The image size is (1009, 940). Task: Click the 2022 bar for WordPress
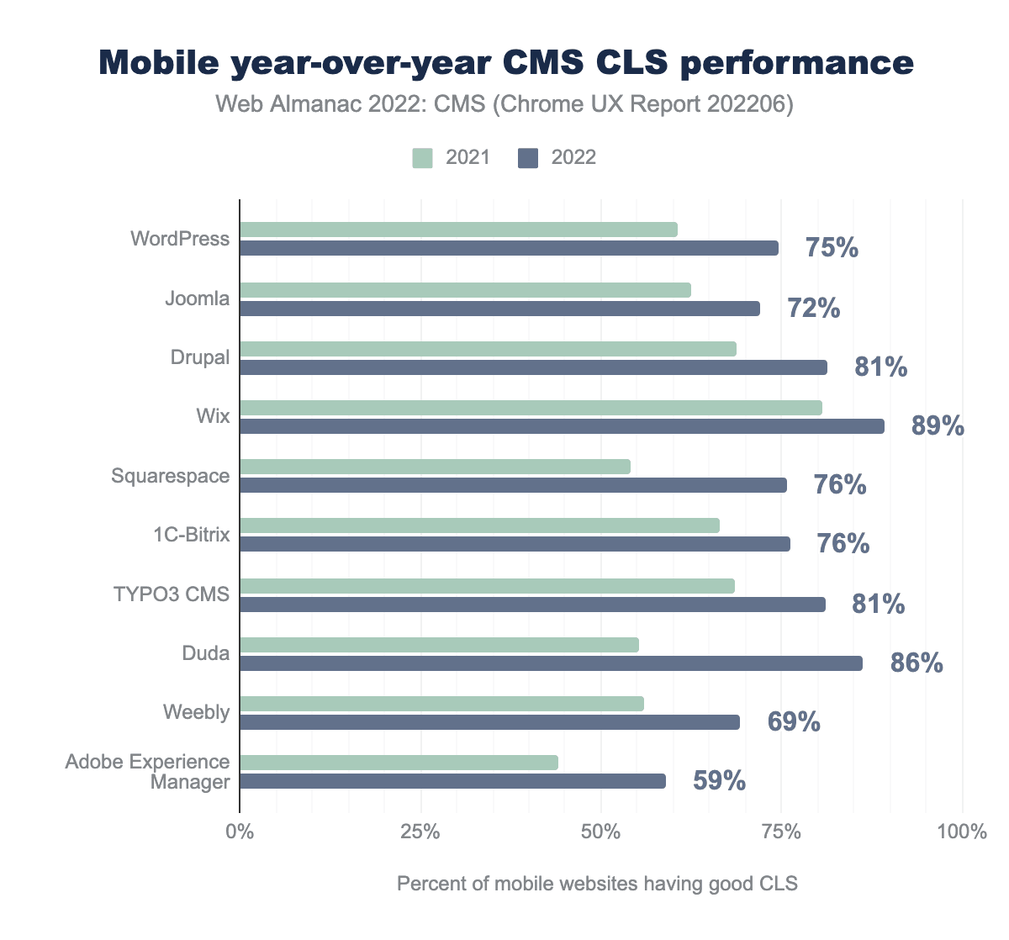click(x=509, y=248)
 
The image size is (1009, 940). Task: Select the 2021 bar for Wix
click(x=531, y=408)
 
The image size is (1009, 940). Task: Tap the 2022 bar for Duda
click(x=551, y=663)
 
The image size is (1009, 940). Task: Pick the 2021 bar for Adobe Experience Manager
click(x=399, y=763)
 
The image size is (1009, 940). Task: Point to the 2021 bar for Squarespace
click(x=435, y=467)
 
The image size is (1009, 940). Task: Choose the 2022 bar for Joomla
click(x=499, y=309)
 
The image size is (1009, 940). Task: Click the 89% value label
click(x=938, y=426)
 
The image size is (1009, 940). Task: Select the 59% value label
click(x=719, y=781)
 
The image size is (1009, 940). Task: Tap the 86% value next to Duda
click(x=917, y=663)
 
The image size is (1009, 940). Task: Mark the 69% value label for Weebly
click(x=794, y=722)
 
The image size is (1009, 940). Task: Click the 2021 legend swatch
click(x=422, y=158)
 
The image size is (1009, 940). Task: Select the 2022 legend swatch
click(x=527, y=158)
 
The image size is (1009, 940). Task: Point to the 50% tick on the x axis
click(x=601, y=832)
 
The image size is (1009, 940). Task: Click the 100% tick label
click(x=961, y=832)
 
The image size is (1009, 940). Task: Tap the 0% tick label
click(x=240, y=832)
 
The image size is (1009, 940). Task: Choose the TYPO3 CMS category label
click(x=172, y=594)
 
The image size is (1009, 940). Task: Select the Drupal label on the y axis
click(x=199, y=357)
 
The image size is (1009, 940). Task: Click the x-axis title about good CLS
click(x=597, y=884)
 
